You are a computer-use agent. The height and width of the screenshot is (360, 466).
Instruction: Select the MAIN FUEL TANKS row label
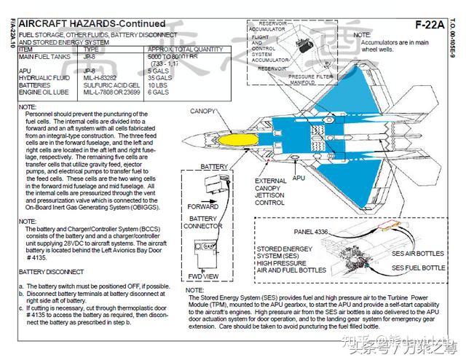46,56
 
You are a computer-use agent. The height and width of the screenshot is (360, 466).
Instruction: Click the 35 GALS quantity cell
158,77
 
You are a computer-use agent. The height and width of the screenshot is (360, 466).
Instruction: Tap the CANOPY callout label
203,111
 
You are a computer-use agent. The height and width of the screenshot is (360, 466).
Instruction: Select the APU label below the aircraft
299,178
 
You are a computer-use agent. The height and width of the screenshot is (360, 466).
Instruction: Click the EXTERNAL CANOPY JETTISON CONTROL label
270,192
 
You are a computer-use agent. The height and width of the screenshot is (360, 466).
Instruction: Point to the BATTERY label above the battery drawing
214,167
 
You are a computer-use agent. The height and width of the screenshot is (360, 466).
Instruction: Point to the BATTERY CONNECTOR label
205,222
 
